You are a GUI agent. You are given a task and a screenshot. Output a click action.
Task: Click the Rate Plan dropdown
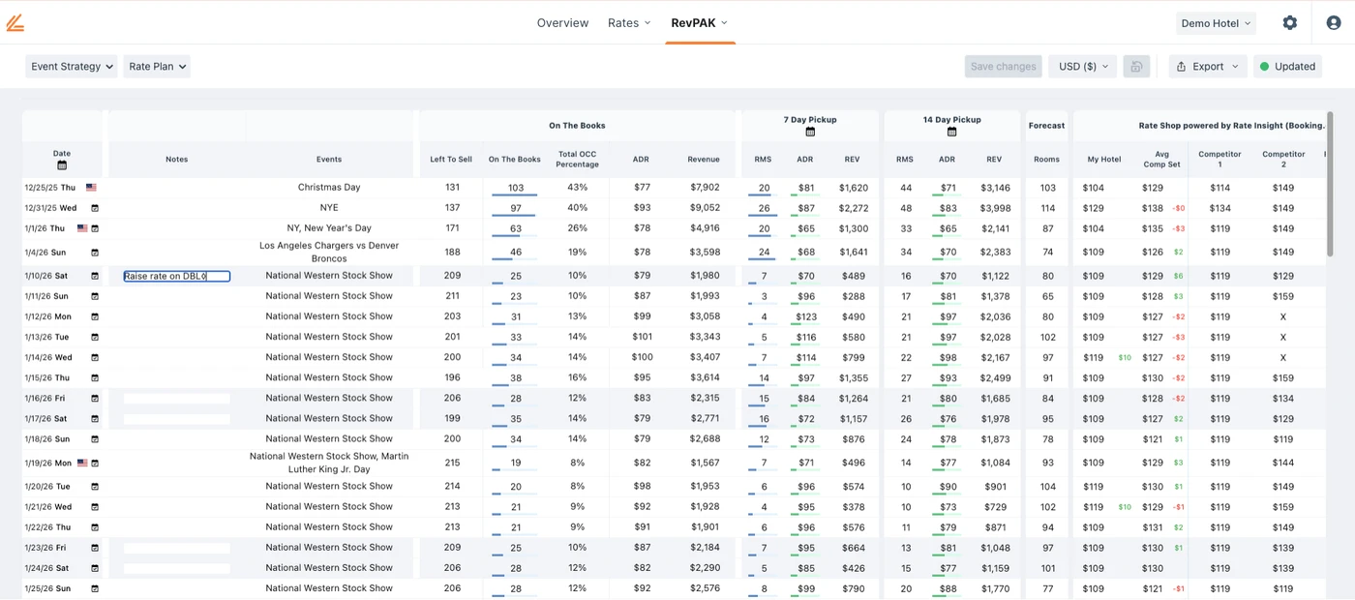[156, 67]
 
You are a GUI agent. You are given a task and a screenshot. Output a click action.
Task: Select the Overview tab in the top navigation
[562, 23]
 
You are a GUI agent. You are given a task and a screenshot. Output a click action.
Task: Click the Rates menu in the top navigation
[629, 23]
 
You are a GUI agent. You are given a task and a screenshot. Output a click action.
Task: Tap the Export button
[1207, 67]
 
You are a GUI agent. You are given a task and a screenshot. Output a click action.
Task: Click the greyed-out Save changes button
[1003, 67]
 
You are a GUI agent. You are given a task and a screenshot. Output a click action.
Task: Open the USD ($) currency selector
[1083, 67]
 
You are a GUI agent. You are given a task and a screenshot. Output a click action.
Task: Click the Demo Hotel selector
[1216, 23]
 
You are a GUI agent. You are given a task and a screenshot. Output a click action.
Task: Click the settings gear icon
[1289, 23]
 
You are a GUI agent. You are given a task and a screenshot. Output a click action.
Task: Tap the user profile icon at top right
[1334, 23]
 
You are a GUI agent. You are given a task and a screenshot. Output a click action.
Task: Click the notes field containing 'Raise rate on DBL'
[176, 276]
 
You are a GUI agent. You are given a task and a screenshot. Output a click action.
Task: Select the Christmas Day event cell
[329, 188]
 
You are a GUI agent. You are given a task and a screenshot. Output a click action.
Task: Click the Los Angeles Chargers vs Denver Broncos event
[329, 252]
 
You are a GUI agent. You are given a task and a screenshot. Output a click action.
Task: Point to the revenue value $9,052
[704, 208]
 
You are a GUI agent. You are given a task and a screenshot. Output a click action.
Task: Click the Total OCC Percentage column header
[578, 159]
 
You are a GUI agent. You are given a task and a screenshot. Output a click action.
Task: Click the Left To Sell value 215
[451, 464]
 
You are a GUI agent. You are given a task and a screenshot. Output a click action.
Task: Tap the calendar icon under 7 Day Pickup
[810, 132]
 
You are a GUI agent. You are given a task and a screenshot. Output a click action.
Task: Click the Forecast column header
[1046, 126]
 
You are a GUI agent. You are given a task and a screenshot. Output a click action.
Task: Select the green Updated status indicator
[1287, 67]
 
